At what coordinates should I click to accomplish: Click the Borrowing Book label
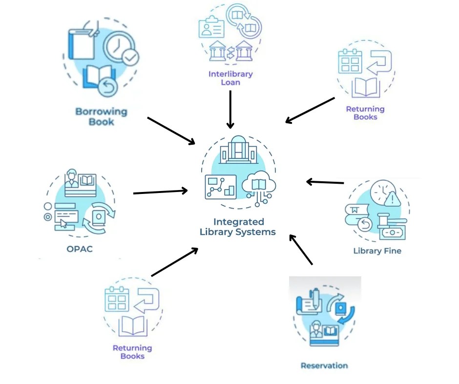101,116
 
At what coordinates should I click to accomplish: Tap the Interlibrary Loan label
230,78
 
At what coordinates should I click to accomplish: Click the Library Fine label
377,251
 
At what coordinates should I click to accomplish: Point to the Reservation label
324,365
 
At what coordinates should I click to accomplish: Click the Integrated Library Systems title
238,227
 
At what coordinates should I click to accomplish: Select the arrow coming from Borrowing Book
170,130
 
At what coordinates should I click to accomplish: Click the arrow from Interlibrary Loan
230,109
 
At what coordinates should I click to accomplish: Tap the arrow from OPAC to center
160,192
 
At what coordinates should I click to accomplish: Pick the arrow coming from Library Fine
325,182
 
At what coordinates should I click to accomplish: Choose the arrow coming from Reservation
301,249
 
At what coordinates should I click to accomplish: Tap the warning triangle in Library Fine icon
392,199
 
